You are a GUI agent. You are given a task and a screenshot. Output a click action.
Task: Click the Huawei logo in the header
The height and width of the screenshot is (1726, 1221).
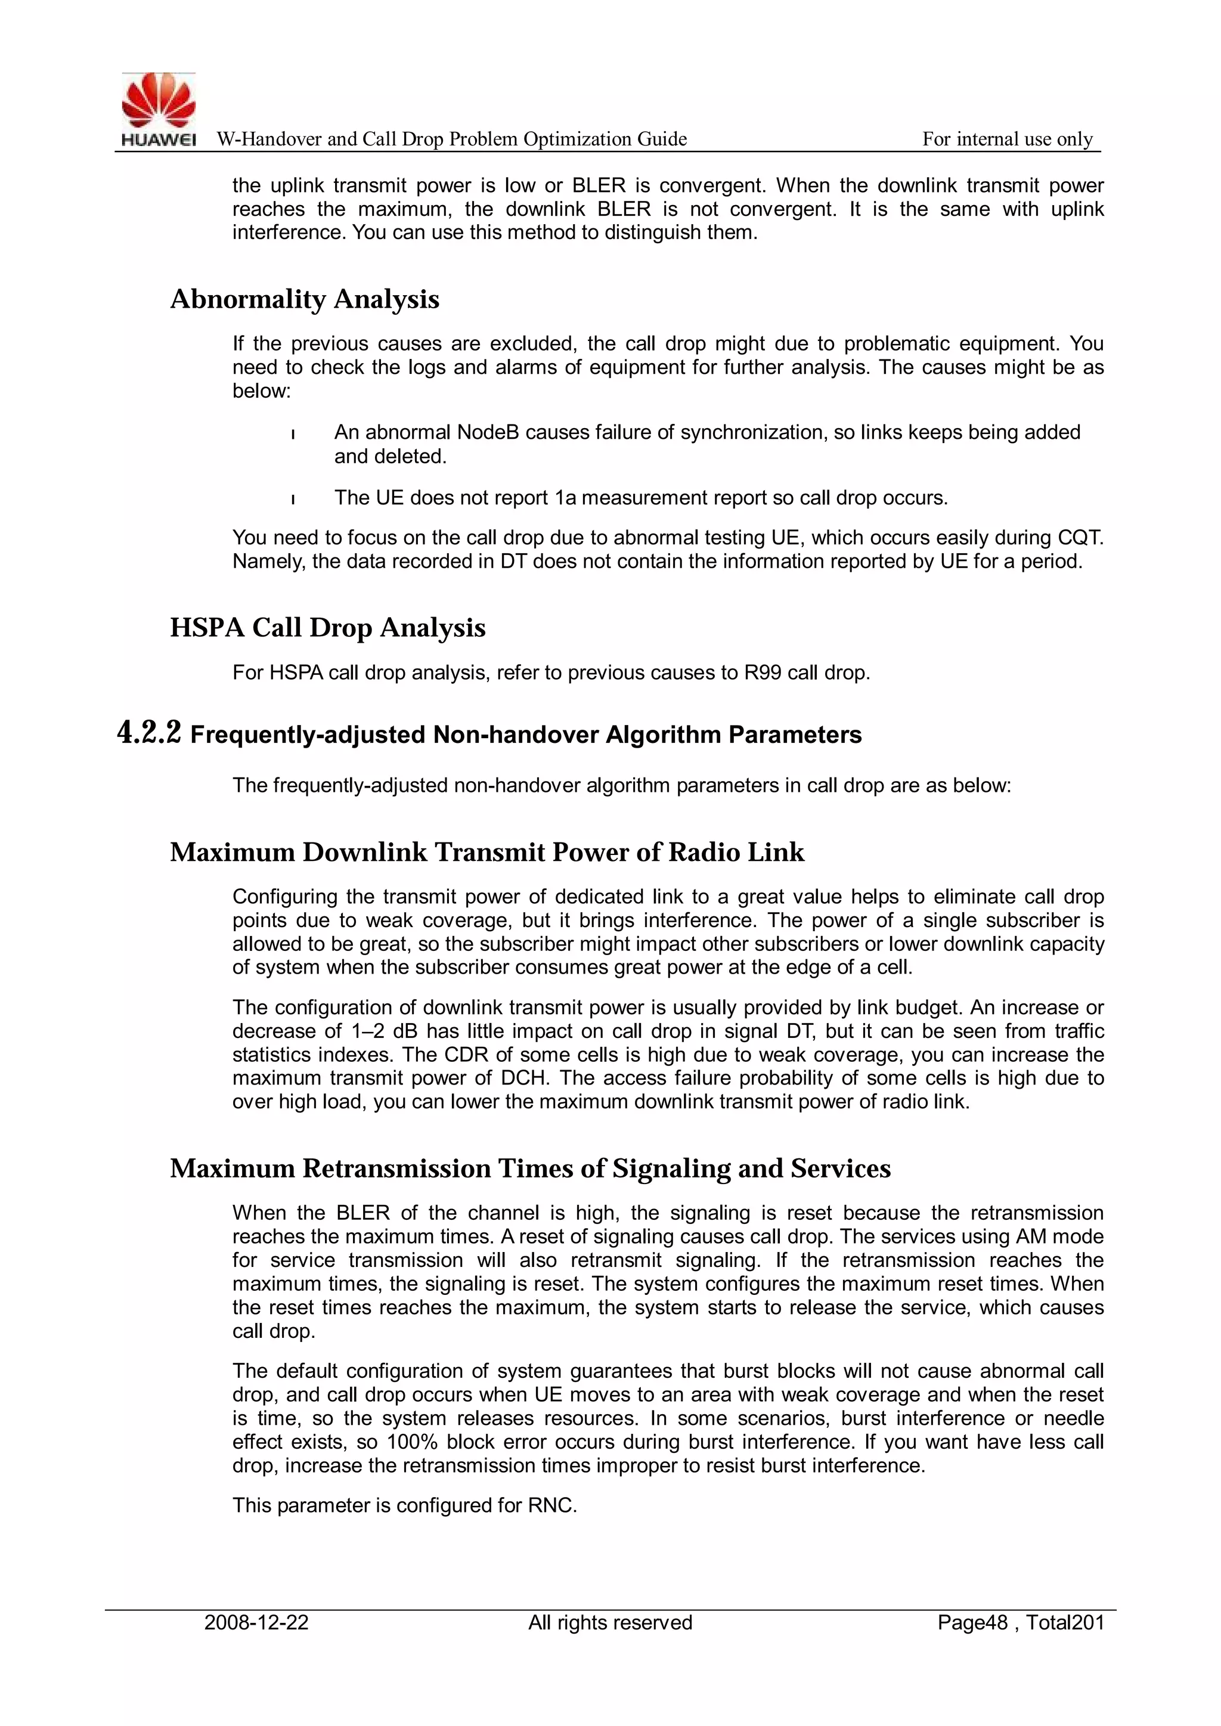159,110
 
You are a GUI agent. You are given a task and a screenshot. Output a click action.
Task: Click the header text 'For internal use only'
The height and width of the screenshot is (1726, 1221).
1007,139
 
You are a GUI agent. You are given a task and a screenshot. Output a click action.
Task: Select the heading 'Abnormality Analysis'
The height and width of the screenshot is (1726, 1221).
305,299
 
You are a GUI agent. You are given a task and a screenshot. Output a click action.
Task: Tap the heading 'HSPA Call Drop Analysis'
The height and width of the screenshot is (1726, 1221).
328,628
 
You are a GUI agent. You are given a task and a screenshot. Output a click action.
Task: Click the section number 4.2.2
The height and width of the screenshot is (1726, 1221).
150,733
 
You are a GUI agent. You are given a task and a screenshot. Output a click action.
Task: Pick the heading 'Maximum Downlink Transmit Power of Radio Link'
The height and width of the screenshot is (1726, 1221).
487,853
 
